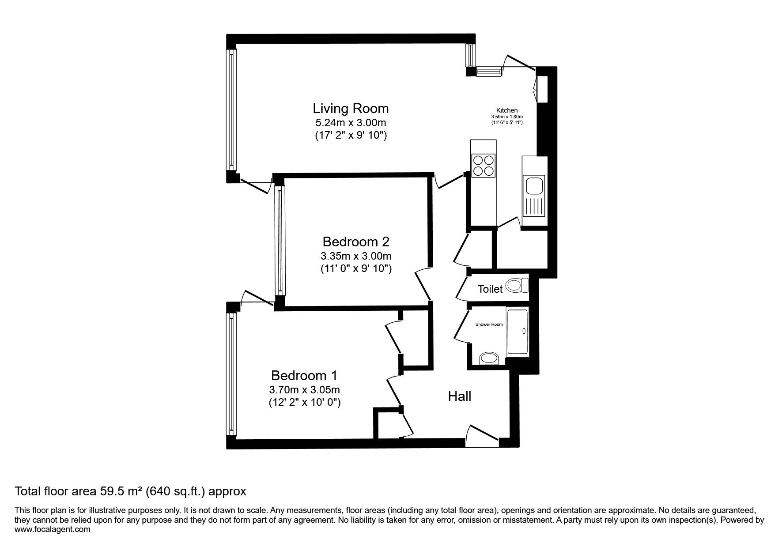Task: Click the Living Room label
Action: coord(351,108)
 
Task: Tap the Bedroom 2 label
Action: coord(356,242)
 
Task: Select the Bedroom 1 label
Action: coord(304,376)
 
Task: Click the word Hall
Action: coord(460,396)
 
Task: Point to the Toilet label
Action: coord(490,289)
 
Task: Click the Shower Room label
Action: coord(489,324)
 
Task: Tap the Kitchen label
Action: coord(507,110)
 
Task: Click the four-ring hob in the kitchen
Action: coord(483,165)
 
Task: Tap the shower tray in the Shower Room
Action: coord(518,332)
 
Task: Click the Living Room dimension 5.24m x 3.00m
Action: coord(351,123)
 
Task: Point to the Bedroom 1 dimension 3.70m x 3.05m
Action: coord(304,390)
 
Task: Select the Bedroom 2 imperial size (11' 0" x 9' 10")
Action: coord(356,269)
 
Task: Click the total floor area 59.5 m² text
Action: coord(130,491)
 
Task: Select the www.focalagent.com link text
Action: coord(53,529)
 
